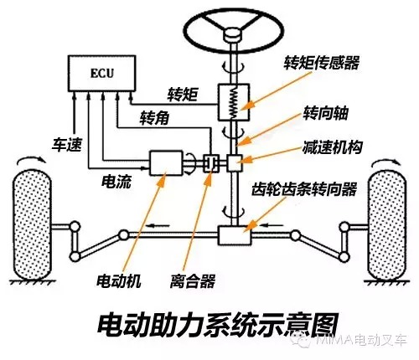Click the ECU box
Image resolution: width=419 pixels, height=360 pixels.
pyautogui.click(x=102, y=73)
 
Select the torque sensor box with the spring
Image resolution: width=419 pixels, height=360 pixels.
pyautogui.click(x=234, y=102)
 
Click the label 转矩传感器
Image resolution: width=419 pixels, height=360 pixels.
pyautogui.click(x=321, y=63)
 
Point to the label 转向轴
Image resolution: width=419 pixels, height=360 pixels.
pyautogui.click(x=325, y=114)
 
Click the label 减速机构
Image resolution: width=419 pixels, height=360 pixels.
pyautogui.click(x=332, y=147)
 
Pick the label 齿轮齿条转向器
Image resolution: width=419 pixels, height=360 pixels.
pyautogui.click(x=304, y=189)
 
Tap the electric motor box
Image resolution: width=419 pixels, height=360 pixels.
pyautogui.click(x=166, y=163)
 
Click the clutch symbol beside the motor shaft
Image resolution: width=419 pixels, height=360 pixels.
pyautogui.click(x=211, y=163)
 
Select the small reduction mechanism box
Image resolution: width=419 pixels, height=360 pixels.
pyautogui.click(x=235, y=163)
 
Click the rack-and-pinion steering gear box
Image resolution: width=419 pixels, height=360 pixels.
pyautogui.click(x=235, y=235)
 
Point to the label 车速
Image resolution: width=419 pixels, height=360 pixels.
pyautogui.click(x=67, y=145)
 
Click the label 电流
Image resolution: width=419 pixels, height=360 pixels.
pyautogui.click(x=116, y=182)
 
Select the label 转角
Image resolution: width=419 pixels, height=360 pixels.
pyautogui.click(x=154, y=117)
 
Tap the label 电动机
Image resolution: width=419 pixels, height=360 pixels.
pyautogui.click(x=119, y=280)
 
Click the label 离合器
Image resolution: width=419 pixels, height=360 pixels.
pyautogui.click(x=193, y=280)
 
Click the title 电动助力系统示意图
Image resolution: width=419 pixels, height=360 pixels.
pyautogui.click(x=218, y=326)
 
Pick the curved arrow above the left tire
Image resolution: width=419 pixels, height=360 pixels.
pyautogui.click(x=30, y=158)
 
